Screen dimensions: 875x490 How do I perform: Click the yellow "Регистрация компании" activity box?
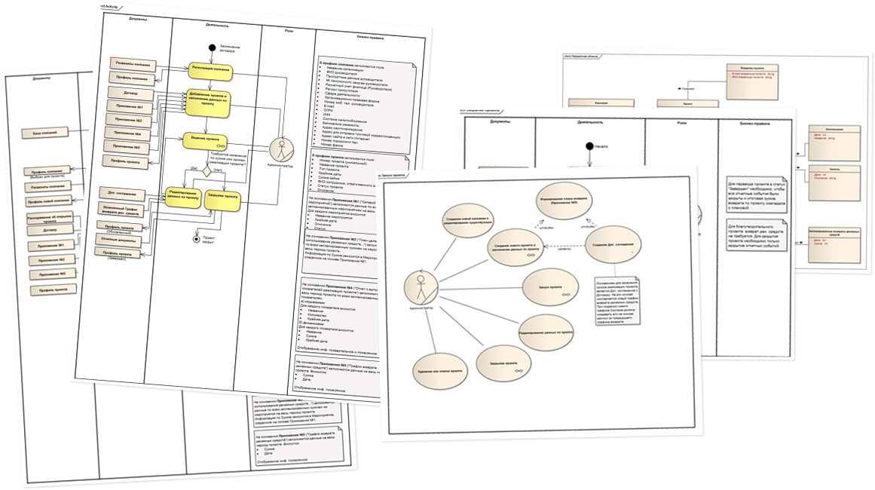(210, 70)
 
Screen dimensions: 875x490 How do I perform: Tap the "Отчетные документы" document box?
(120, 240)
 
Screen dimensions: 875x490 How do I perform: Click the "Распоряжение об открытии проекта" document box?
(48, 218)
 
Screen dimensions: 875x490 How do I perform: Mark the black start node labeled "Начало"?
(589, 146)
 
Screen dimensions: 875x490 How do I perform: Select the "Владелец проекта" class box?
(749, 76)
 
